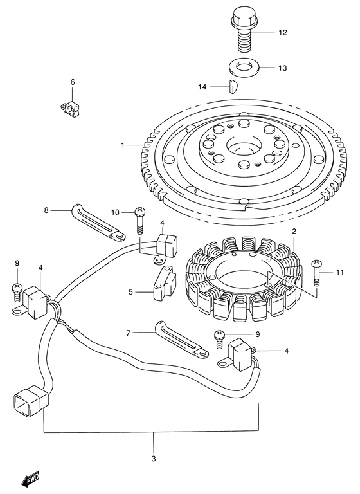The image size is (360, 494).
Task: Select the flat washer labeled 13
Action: tap(242, 67)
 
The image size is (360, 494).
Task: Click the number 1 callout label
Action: tap(122, 145)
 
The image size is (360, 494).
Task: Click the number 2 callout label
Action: tap(294, 232)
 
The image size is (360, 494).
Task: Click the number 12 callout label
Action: tap(283, 32)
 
